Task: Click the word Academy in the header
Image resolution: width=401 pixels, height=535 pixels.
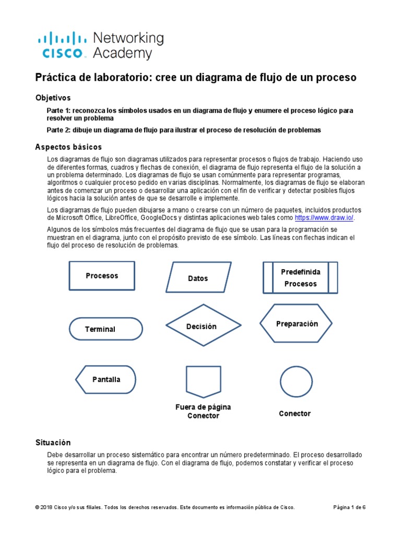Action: tap(122, 53)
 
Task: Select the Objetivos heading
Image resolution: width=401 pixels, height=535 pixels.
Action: tap(53, 98)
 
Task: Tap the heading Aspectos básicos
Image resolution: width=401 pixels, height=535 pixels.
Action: tap(68, 147)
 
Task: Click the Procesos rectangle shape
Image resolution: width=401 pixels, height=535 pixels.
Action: tap(102, 276)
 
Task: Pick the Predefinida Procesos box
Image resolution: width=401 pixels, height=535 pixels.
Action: tap(300, 278)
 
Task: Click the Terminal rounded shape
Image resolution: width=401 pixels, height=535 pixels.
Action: tap(105, 329)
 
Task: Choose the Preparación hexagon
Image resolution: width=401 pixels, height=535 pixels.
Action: tap(296, 324)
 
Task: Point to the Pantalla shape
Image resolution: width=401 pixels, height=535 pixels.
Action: tap(106, 379)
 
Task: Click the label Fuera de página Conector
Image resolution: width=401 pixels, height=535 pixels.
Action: tap(203, 411)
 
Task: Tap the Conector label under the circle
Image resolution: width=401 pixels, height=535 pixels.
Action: tap(294, 413)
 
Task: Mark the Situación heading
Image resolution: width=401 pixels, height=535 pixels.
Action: tap(53, 443)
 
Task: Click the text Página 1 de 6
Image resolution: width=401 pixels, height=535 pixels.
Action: tap(349, 507)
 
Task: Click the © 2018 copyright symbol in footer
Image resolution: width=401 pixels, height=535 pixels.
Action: tap(37, 507)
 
